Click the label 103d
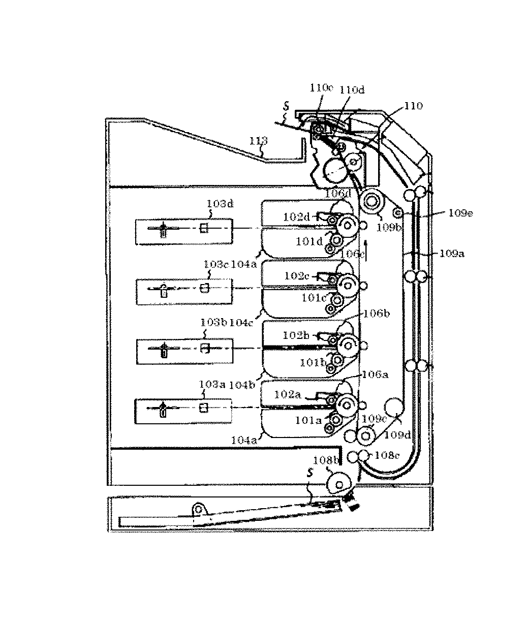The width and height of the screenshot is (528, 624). [220, 203]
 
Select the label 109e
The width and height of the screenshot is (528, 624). [460, 214]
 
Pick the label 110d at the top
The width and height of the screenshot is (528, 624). [352, 90]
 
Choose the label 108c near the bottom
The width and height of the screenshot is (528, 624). [387, 455]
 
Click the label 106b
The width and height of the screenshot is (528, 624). [376, 314]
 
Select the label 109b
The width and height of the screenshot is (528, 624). [389, 228]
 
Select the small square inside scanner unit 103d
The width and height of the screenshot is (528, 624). [204, 229]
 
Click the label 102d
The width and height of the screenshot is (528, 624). [297, 217]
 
